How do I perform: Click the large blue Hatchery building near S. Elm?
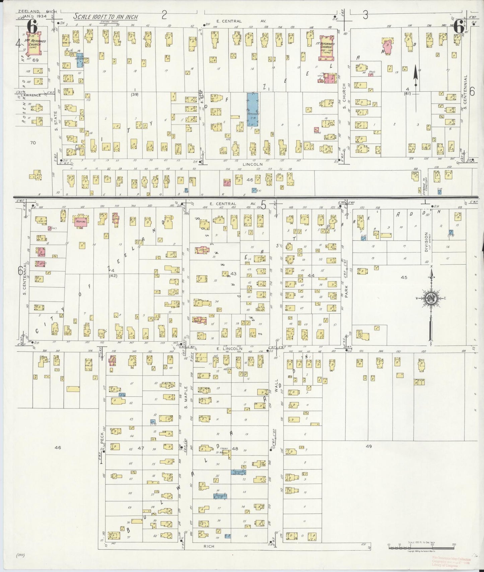click(x=253, y=109)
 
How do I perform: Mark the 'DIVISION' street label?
click(x=426, y=242)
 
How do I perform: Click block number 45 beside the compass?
click(x=404, y=277)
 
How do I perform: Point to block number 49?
click(x=369, y=446)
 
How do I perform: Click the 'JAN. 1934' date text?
click(x=38, y=16)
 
